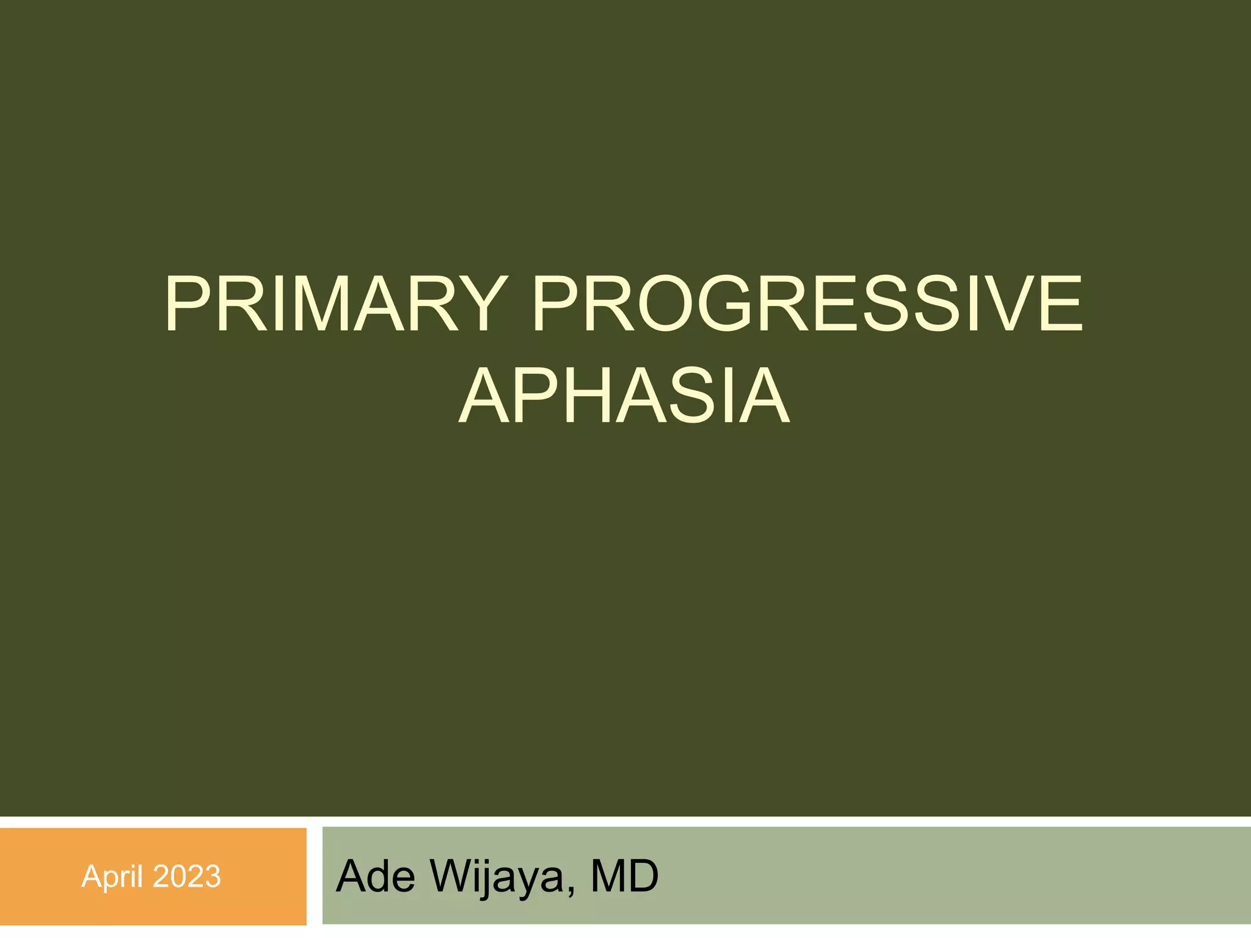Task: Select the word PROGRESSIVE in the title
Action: (x=808, y=304)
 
